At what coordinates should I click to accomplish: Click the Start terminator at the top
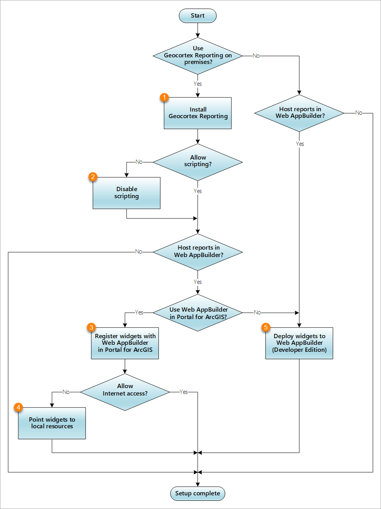point(198,16)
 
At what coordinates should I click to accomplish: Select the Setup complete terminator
point(198,493)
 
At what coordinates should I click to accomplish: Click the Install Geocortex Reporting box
point(198,113)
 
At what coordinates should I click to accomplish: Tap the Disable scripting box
point(126,193)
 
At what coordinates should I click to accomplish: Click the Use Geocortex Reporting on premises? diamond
point(198,56)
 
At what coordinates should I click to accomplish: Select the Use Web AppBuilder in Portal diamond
point(198,313)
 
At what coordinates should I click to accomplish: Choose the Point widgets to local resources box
point(52,423)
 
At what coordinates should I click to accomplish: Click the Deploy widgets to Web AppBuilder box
point(299,343)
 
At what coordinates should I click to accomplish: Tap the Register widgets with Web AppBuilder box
point(125,343)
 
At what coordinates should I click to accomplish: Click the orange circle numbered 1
point(164,97)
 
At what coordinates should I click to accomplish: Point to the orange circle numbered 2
point(93,177)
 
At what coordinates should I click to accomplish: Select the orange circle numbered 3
point(91,327)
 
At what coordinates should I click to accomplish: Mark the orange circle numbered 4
point(18,408)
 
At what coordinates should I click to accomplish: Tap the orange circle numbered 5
point(266,327)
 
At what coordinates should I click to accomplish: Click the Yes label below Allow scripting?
point(198,191)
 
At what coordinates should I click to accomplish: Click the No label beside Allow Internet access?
point(66,392)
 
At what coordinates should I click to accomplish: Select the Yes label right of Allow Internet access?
point(183,392)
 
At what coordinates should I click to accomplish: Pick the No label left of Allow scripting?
point(139,162)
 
